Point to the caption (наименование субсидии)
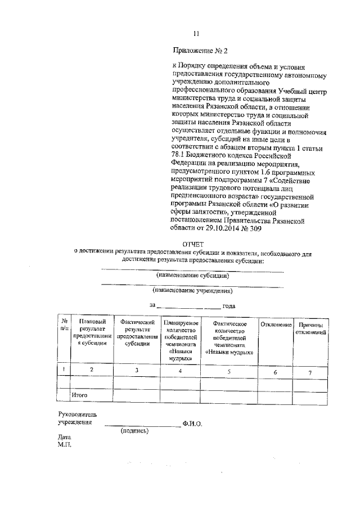click(192, 276)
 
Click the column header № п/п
click(65, 324)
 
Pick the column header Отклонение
click(276, 325)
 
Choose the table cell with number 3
click(137, 370)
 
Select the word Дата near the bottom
click(64, 436)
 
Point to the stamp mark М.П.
click(65, 444)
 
